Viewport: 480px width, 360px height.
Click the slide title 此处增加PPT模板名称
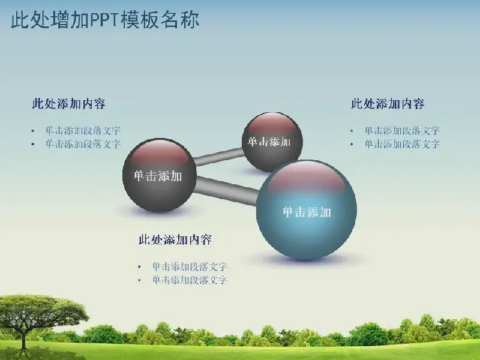click(x=105, y=20)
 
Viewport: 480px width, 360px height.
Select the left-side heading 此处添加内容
click(x=69, y=104)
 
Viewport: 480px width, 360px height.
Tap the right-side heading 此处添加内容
click(x=388, y=104)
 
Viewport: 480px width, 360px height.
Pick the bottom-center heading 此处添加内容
click(x=175, y=239)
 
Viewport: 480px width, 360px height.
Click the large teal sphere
click(x=307, y=210)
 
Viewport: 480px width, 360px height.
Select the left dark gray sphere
click(x=159, y=175)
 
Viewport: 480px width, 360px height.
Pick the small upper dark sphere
click(x=272, y=142)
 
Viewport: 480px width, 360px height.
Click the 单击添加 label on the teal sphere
click(x=307, y=212)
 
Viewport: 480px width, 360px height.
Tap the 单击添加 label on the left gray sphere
click(x=158, y=176)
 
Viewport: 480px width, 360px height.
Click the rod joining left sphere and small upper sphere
click(x=218, y=156)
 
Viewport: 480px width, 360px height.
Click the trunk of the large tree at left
click(x=24, y=337)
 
